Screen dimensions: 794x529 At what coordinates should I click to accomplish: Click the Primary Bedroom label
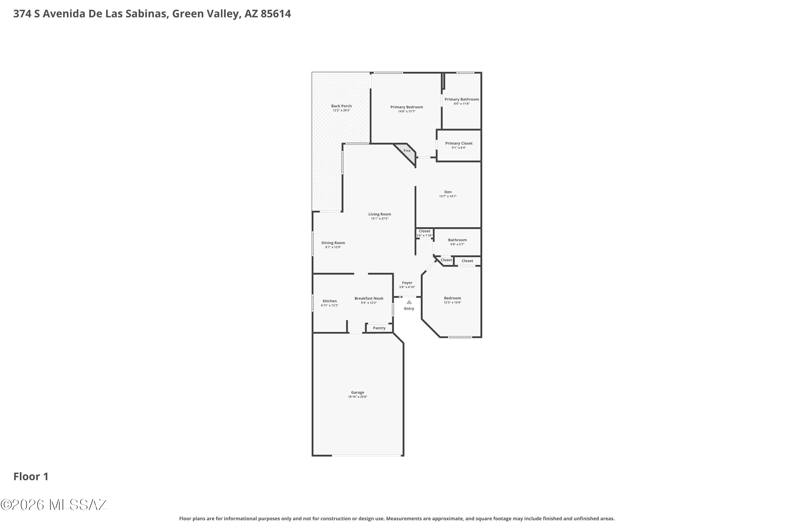[407, 107]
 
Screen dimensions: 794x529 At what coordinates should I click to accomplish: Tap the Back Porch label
[341, 106]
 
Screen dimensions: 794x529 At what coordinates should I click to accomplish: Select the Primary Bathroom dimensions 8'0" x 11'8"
[462, 104]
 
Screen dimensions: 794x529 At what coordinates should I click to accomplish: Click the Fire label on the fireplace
[407, 151]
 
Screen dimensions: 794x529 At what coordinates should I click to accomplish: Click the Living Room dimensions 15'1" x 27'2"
[380, 219]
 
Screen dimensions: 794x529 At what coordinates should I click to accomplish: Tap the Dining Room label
[333, 243]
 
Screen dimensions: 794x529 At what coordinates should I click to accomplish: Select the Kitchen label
[330, 301]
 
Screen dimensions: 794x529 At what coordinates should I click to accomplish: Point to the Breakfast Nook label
[369, 298]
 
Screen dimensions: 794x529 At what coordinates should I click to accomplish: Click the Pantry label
[379, 328]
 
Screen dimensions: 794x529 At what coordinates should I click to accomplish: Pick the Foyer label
[407, 283]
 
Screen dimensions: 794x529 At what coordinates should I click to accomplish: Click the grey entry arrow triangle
[409, 302]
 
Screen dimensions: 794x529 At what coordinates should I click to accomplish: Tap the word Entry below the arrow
[409, 309]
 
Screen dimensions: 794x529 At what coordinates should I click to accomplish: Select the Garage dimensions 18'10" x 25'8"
[358, 397]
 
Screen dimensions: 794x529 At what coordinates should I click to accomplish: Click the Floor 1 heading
[31, 476]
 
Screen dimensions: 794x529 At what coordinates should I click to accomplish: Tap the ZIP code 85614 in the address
[276, 14]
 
